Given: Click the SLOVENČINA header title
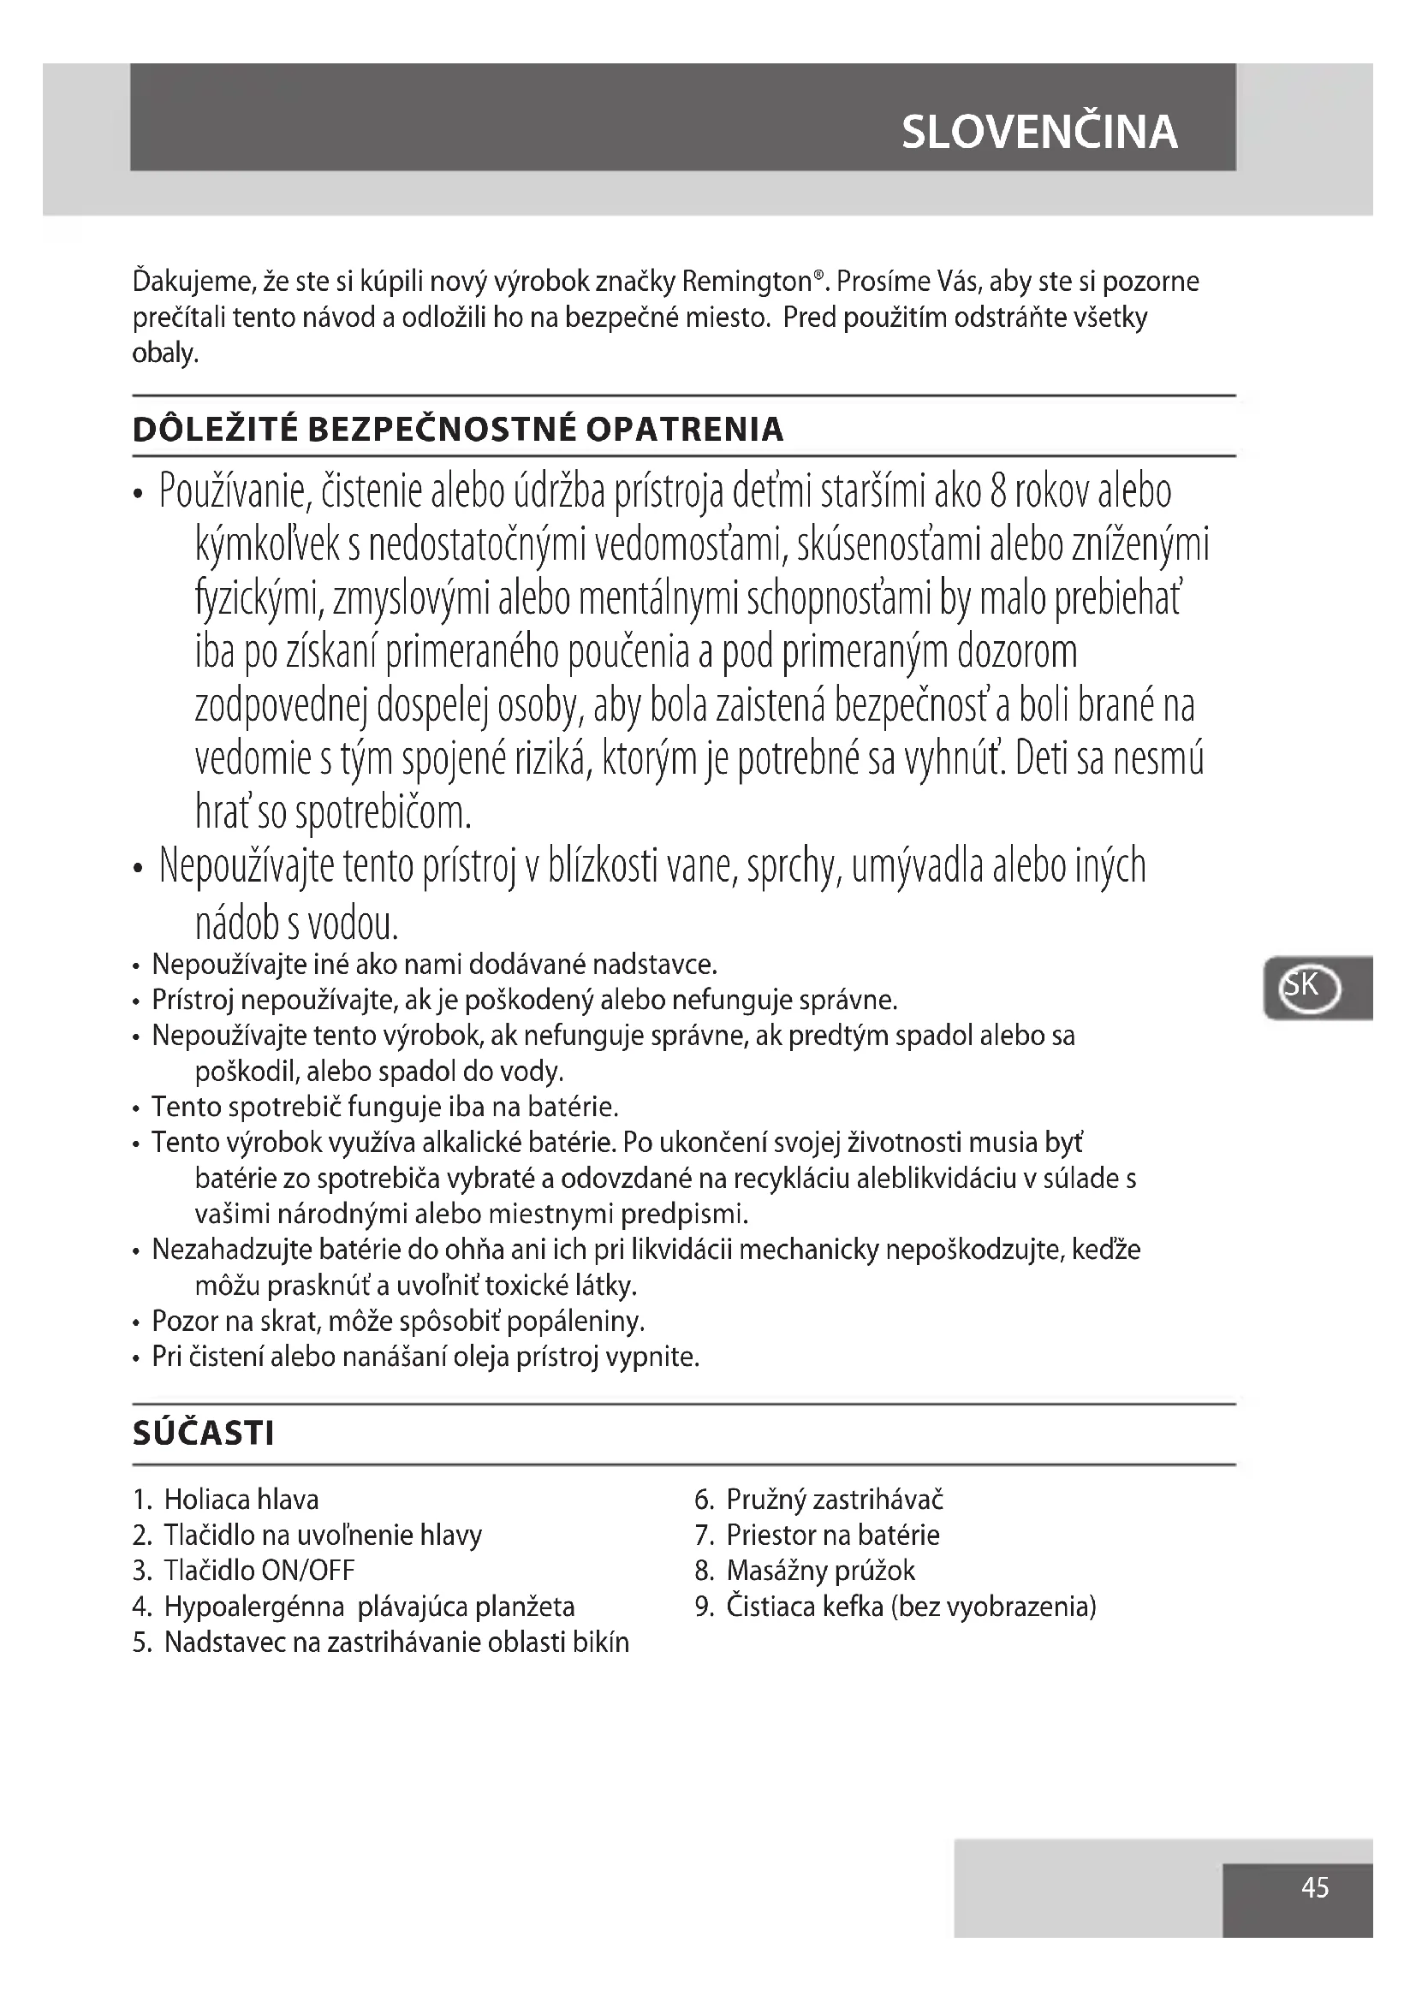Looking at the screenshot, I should tap(1038, 133).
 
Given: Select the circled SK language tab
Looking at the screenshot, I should tap(1309, 988).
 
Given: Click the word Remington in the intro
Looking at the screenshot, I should tap(747, 282).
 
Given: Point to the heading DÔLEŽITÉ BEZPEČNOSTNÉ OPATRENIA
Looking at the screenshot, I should tap(458, 430).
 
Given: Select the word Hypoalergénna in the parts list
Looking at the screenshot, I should tap(251, 1607).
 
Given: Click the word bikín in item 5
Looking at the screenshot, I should tap(601, 1643).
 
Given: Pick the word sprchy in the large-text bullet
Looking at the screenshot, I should tap(793, 868).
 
